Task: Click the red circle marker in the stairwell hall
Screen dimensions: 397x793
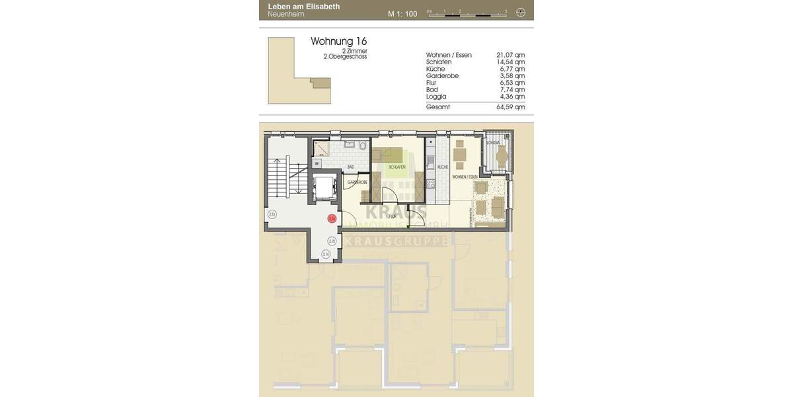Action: coord(332,217)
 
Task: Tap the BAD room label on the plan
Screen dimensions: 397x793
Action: coord(350,167)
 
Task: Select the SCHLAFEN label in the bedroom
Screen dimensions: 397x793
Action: coord(397,167)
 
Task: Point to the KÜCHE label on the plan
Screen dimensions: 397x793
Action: coord(443,167)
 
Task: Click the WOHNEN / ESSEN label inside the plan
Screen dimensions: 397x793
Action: coord(465,178)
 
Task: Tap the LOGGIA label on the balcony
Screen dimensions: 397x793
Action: coord(492,143)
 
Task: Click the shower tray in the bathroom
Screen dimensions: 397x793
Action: coord(321,150)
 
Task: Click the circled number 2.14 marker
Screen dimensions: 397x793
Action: coord(326,254)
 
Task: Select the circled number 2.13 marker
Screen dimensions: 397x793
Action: coord(272,214)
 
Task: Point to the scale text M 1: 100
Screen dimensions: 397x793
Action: coord(402,13)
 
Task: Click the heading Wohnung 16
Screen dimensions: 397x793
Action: coord(338,41)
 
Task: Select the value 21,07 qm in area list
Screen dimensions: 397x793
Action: coord(510,55)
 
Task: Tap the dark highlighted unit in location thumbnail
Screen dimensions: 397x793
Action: coord(321,84)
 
